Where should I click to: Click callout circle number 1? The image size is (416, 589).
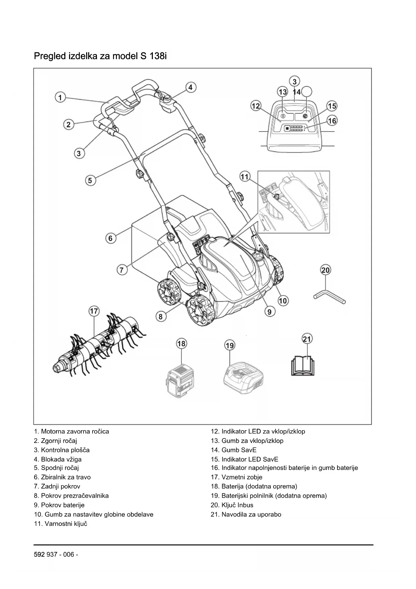tap(60, 98)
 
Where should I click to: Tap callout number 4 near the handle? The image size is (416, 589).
tap(190, 87)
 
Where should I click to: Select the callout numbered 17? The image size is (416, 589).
tap(94, 311)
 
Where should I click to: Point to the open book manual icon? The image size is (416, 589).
tap(303, 365)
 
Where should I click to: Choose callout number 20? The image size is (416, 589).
tap(325, 270)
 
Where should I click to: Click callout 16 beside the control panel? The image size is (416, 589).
tap(332, 121)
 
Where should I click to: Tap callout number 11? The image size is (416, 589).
tap(245, 177)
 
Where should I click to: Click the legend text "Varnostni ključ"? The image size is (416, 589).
tap(64, 524)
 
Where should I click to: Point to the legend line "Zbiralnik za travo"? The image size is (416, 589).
tap(66, 477)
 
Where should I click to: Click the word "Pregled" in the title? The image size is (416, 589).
tap(50, 56)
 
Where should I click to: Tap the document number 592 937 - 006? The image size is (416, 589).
tap(56, 554)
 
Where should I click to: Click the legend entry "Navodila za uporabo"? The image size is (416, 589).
tap(251, 514)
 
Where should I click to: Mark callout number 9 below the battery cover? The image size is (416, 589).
tap(269, 312)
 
